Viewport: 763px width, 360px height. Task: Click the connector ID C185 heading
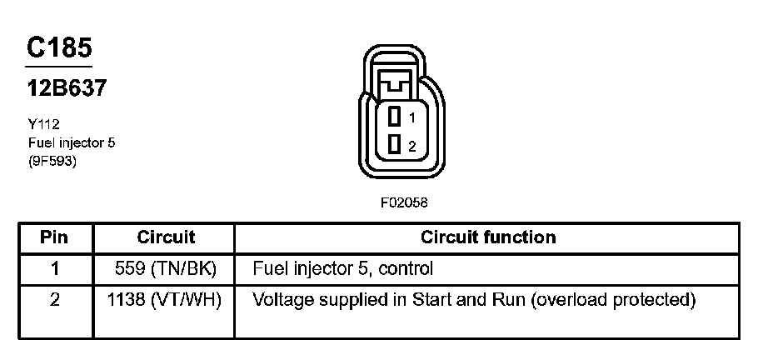click(58, 47)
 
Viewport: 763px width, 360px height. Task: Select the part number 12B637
click(66, 88)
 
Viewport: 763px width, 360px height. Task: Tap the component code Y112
click(42, 124)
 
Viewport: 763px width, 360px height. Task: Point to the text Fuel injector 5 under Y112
click(70, 142)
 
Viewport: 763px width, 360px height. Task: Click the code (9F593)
click(52, 161)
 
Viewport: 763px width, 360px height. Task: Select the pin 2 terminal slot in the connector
click(395, 145)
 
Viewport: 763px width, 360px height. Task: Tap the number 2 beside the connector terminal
click(411, 146)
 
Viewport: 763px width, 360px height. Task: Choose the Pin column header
click(55, 237)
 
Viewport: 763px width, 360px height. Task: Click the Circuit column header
click(166, 237)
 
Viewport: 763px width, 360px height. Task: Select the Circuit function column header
click(488, 237)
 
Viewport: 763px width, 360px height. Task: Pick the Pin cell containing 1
click(55, 268)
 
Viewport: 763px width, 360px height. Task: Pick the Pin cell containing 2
click(55, 299)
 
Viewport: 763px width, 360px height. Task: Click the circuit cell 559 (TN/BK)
click(166, 268)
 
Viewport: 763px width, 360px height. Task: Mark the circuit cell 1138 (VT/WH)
click(166, 299)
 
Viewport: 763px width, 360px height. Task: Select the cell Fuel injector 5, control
click(343, 268)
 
